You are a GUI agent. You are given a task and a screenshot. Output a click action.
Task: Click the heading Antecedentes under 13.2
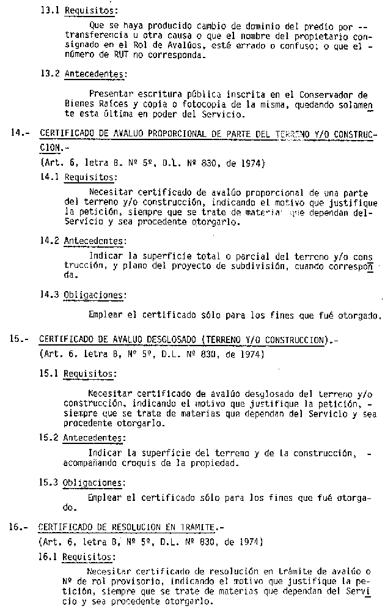point(95,75)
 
